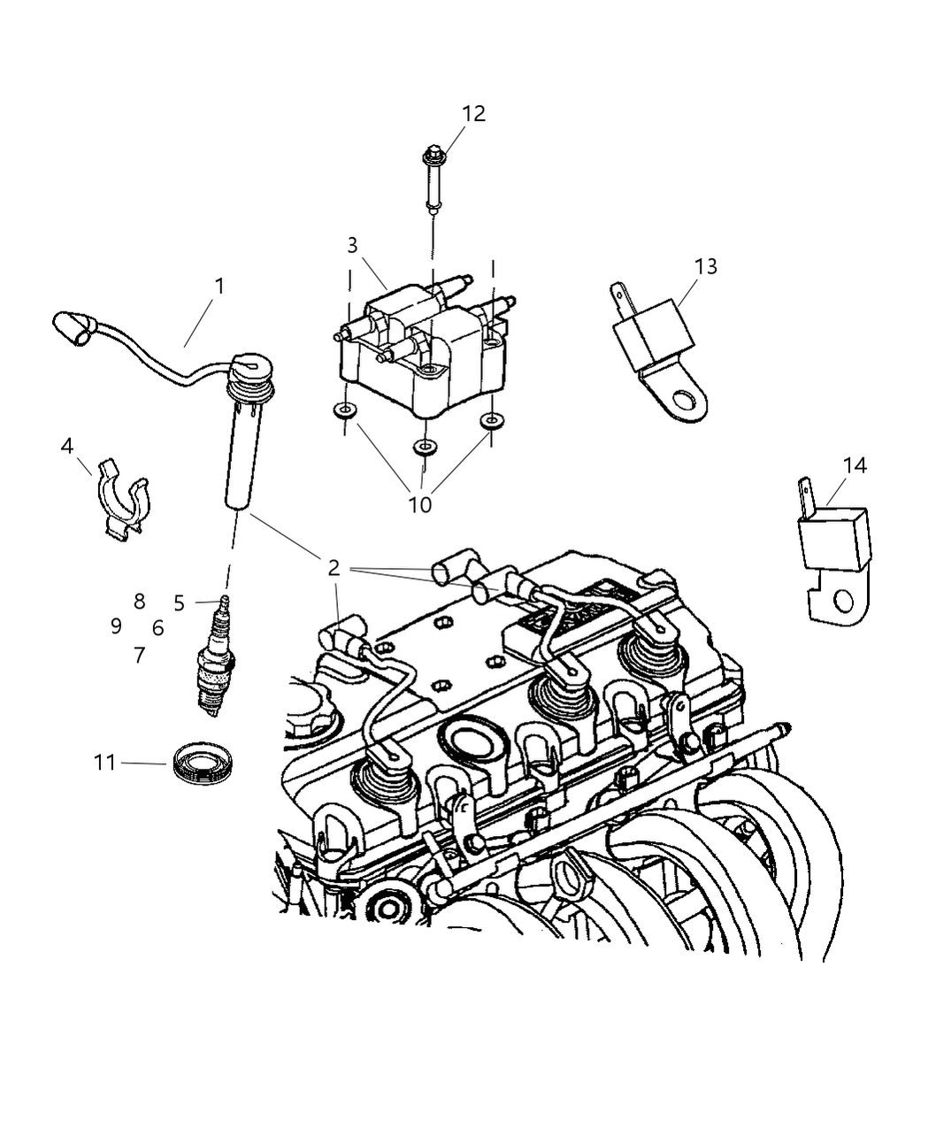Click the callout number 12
(x=473, y=113)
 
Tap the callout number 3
(x=352, y=245)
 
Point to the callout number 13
(x=705, y=266)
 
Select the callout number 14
(x=855, y=465)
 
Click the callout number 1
(x=219, y=287)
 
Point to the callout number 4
(x=67, y=447)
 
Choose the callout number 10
(x=420, y=504)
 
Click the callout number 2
(x=334, y=568)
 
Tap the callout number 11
(x=104, y=762)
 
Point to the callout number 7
(x=139, y=656)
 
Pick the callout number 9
(x=116, y=626)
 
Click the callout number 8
(x=139, y=602)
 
